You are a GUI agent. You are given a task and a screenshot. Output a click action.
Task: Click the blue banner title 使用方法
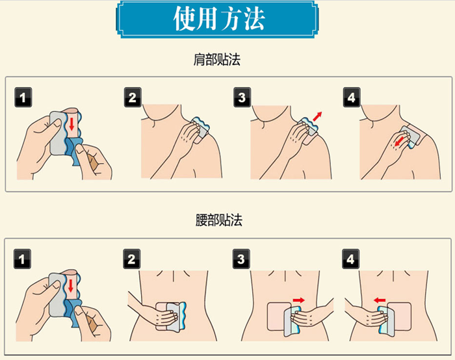(219, 19)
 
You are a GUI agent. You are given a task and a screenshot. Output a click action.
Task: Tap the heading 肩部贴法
(216, 60)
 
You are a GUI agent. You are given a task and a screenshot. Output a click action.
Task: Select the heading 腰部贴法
(219, 220)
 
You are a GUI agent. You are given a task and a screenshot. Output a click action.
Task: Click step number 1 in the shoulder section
(23, 97)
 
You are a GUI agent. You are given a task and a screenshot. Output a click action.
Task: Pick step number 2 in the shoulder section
(133, 97)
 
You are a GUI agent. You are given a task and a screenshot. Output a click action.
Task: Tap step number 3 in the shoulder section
(242, 97)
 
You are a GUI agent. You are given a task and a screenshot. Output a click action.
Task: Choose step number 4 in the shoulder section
(352, 97)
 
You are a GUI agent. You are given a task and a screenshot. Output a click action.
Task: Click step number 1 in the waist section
(22, 259)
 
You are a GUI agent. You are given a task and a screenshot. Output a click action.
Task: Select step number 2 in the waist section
(132, 259)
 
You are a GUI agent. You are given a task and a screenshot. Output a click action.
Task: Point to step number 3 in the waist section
(241, 259)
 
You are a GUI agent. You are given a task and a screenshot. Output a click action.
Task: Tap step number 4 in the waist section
(350, 259)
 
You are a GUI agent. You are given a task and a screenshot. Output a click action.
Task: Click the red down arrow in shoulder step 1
(71, 124)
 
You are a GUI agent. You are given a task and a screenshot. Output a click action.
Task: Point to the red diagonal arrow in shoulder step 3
(317, 116)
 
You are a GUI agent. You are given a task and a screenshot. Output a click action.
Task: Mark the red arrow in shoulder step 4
(399, 142)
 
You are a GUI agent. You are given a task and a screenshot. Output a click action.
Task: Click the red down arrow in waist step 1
(70, 286)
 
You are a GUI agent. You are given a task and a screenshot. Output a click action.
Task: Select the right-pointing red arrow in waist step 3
(298, 300)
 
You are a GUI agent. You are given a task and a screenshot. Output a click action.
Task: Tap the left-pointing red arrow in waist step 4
(380, 300)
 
